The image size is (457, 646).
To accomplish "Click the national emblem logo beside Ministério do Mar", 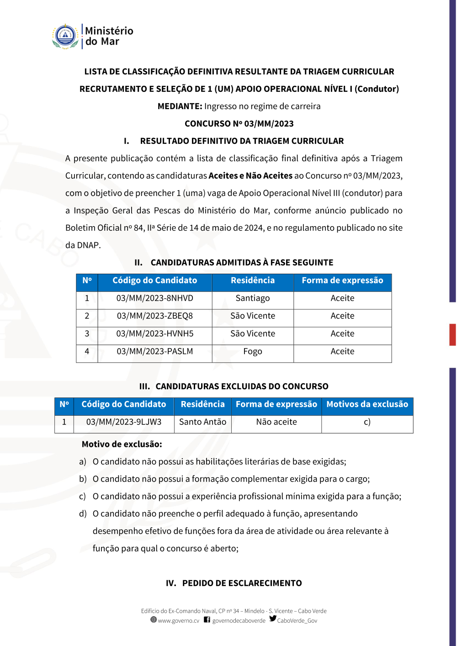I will pyautogui.click(x=65, y=37).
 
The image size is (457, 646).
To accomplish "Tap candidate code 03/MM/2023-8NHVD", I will pyautogui.click(x=154, y=298).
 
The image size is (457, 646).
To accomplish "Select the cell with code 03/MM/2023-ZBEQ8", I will pyautogui.click(x=154, y=316).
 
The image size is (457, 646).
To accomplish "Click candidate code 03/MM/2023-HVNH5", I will pyautogui.click(x=154, y=334).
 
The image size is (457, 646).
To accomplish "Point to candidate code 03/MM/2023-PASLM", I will pyautogui.click(x=154, y=352).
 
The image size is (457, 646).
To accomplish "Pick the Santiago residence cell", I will pyautogui.click(x=252, y=298).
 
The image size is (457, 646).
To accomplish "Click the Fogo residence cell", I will pyautogui.click(x=252, y=352).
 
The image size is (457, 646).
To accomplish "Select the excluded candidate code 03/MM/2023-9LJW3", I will pyautogui.click(x=123, y=422).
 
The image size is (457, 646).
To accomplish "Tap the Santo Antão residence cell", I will pyautogui.click(x=202, y=422).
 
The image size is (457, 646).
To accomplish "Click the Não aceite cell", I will pyautogui.click(x=276, y=422).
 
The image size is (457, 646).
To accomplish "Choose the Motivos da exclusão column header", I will pyautogui.click(x=367, y=404).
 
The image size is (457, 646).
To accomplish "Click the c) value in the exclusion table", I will pyautogui.click(x=367, y=422).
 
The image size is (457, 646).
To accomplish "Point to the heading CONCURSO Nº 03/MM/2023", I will pyautogui.click(x=239, y=124).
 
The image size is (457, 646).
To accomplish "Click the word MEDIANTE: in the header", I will pyautogui.click(x=180, y=106).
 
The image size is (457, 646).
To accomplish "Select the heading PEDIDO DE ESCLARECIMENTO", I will pyautogui.click(x=242, y=583).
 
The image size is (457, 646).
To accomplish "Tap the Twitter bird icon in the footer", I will pyautogui.click(x=273, y=619).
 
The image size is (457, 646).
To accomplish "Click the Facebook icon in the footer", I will pyautogui.click(x=207, y=620).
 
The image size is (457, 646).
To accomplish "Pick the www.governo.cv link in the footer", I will pyautogui.click(x=178, y=621).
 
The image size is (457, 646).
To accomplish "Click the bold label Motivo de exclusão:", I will pyautogui.click(x=122, y=444).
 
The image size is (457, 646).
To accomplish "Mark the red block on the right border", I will pyautogui.click(x=452, y=334).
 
